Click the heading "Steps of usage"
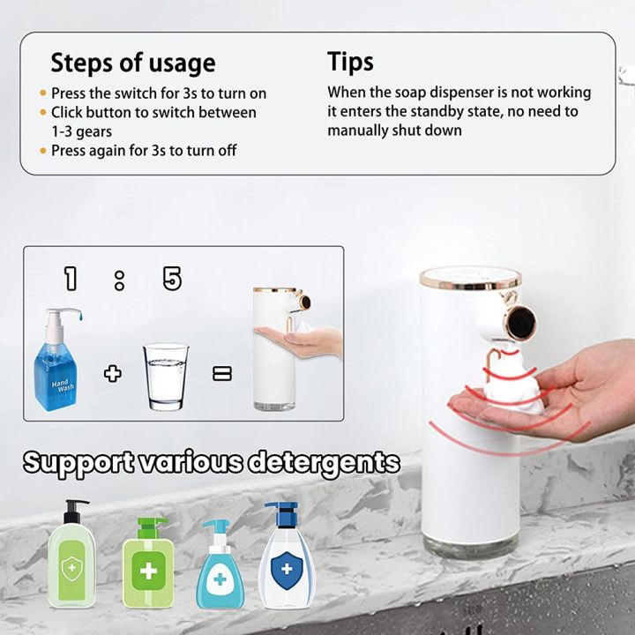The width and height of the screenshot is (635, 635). [x=132, y=63]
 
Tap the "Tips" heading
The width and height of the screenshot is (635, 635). [x=350, y=62]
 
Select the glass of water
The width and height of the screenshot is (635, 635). [x=166, y=376]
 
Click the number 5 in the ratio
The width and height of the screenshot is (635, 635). [x=172, y=280]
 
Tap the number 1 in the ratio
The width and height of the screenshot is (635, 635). [x=71, y=280]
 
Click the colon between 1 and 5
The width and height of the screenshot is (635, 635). [x=120, y=280]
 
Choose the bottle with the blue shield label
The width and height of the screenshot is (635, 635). [x=281, y=557]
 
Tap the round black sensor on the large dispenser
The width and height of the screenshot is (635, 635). [x=523, y=319]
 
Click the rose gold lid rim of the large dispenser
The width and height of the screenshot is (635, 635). [x=469, y=280]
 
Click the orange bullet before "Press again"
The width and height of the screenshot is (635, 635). [x=43, y=151]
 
